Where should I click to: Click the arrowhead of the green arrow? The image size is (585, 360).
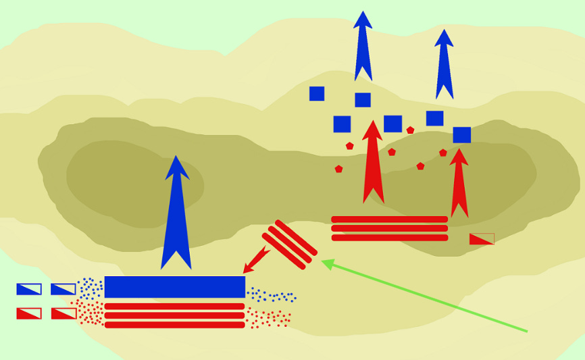327,263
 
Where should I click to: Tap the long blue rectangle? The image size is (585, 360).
174,286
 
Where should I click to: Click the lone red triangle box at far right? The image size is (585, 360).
482,239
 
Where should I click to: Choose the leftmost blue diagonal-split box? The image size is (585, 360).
29,289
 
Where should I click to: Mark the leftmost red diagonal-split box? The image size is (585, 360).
29,313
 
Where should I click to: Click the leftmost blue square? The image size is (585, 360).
317,94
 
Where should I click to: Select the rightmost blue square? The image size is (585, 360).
462,135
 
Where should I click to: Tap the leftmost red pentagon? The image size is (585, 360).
338,169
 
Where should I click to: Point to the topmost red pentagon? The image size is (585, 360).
410,130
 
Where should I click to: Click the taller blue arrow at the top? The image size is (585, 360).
363,47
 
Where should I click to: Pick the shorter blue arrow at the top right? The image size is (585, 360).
444,66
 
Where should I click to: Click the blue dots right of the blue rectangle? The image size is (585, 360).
272,295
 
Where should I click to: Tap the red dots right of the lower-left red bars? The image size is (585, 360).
269,317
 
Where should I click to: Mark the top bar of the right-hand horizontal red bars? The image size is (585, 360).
389,220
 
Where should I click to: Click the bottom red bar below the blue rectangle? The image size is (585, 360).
174,325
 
